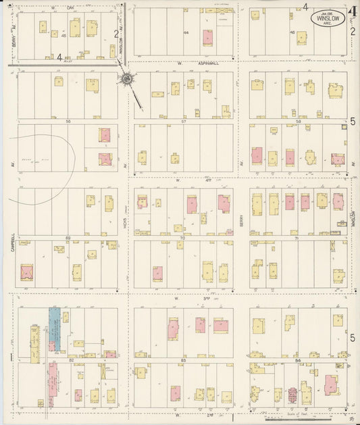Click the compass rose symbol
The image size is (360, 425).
[126, 80]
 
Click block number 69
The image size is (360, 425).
[68, 238]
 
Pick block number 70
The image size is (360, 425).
[183, 238]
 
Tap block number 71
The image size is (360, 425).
[300, 238]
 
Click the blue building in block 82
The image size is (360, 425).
[55, 328]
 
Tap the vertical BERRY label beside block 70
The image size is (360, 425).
[241, 217]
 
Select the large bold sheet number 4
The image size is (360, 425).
[353, 11]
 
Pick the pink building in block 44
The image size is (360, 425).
[207, 37]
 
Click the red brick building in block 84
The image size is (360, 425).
[293, 394]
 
